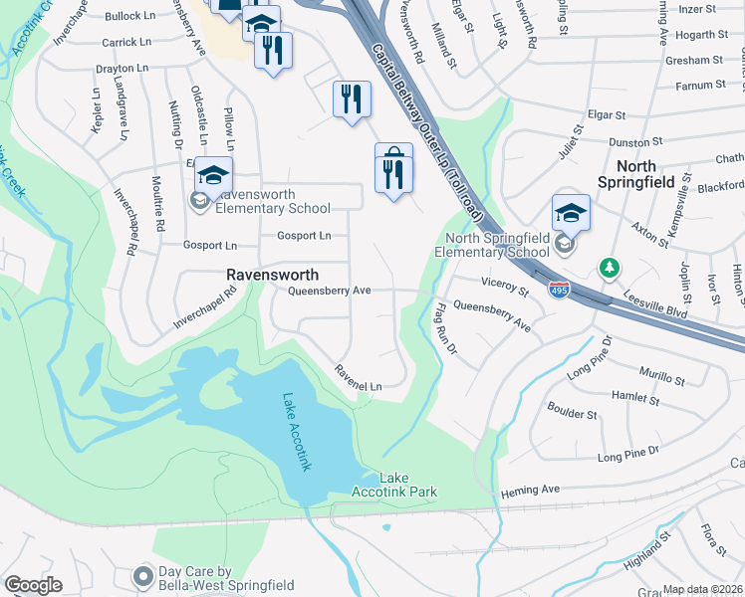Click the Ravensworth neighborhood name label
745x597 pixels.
tap(272, 275)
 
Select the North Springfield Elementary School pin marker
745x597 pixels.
tap(571, 213)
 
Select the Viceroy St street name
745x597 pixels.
tap(503, 287)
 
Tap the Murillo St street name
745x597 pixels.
tap(661, 379)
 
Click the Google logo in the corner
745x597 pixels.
tap(33, 585)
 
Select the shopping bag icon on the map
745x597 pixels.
tap(393, 156)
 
